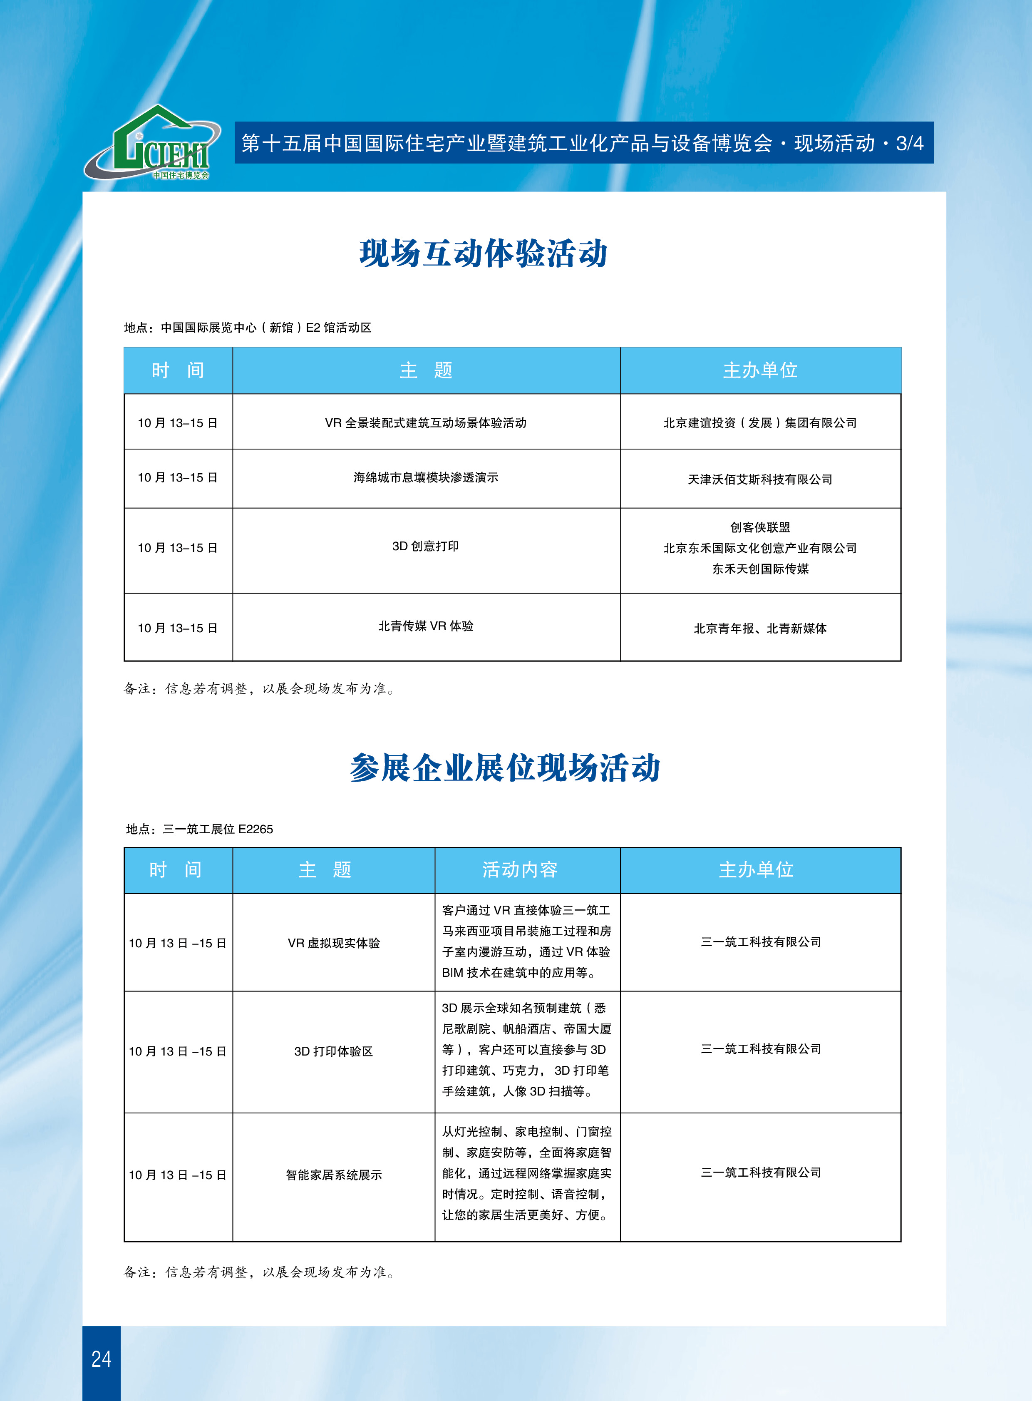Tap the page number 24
101,1359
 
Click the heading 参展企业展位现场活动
505,768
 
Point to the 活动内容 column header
520,870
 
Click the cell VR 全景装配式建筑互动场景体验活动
425,423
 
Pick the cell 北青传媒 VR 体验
425,626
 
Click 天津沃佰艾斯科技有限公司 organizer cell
759,479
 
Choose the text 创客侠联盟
759,527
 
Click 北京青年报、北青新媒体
759,628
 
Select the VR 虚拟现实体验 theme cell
334,943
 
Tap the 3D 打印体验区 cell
334,1051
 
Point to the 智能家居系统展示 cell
334,1175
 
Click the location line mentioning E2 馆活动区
247,328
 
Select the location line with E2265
199,829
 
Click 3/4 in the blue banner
909,144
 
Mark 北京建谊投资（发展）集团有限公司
759,423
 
